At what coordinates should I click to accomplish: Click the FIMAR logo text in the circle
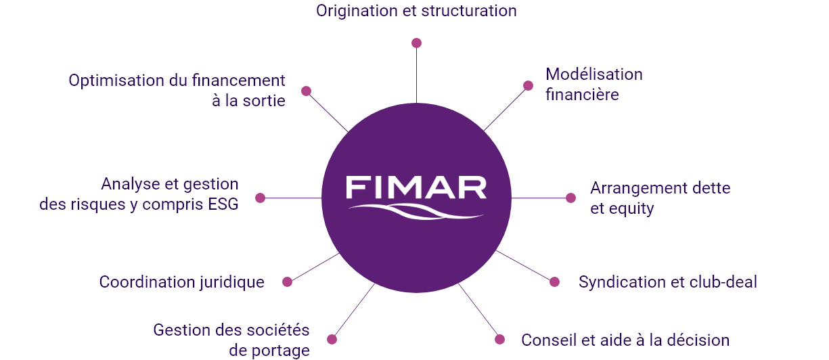(416, 187)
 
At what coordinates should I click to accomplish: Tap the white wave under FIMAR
(416, 212)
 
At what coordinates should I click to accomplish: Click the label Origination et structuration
(416, 11)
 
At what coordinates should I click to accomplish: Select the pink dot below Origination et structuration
(416, 43)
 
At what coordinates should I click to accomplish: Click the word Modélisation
(594, 74)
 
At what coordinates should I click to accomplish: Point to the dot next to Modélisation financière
(528, 85)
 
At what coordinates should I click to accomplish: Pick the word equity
(631, 209)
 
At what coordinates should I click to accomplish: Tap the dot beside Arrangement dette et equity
(570, 198)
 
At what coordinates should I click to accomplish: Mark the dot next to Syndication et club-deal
(554, 282)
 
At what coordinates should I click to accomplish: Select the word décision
(698, 340)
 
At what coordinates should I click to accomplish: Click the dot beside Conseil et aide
(499, 339)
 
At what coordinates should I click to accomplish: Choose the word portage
(281, 351)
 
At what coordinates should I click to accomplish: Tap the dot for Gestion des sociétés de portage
(332, 339)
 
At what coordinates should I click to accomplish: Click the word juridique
(232, 283)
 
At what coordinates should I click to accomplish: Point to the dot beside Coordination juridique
(287, 282)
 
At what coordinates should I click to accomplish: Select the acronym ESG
(223, 204)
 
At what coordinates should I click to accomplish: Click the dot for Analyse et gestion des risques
(260, 198)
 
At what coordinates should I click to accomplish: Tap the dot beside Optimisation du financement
(306, 91)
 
